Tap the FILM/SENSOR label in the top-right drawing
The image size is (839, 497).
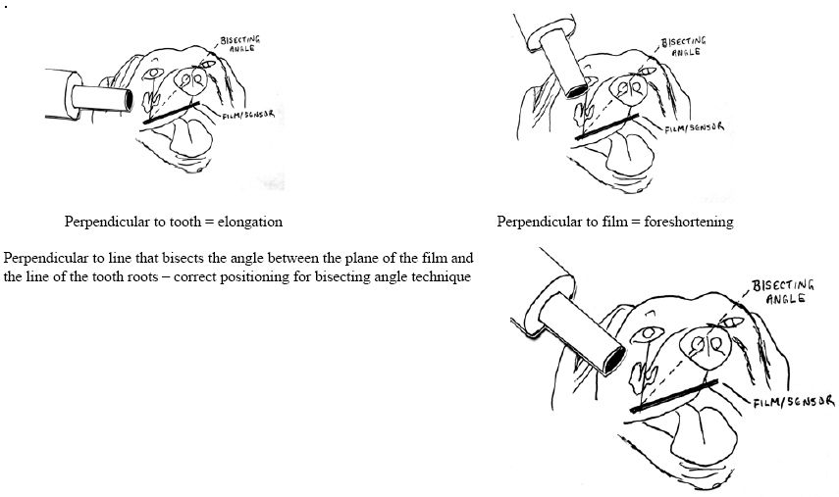693,127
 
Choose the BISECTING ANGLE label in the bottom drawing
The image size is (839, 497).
779,291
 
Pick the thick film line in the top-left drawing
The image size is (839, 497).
173,112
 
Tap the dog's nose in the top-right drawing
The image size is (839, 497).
626,90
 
